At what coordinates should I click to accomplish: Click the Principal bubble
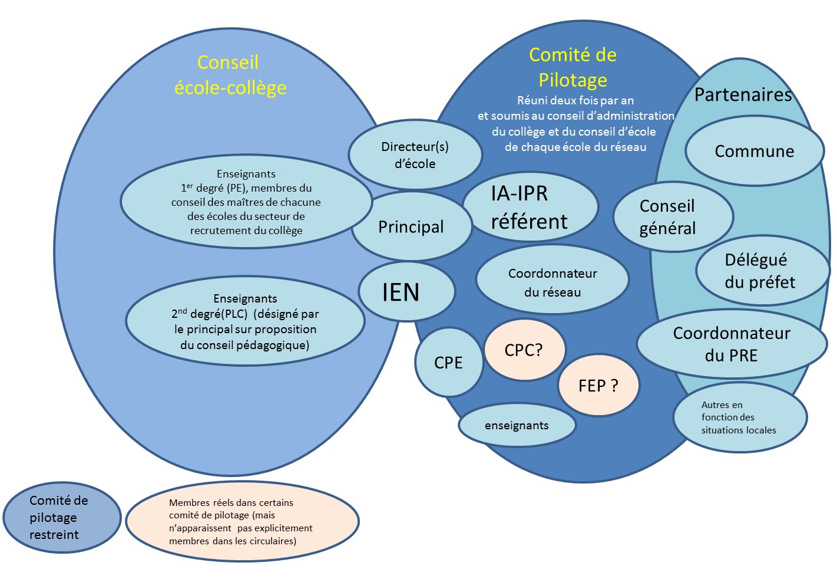(411, 226)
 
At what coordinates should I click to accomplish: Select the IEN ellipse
(406, 292)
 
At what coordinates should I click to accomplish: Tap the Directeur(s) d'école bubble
(415, 154)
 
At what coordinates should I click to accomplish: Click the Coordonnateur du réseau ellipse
(552, 282)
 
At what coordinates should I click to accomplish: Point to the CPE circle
(448, 362)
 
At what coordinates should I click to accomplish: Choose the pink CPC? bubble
(524, 350)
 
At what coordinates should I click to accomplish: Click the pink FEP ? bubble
(598, 386)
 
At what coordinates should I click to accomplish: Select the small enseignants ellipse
(517, 425)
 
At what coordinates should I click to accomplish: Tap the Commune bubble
(754, 151)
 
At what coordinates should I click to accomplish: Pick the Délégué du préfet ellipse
(760, 271)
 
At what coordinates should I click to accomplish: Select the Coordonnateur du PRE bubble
(732, 344)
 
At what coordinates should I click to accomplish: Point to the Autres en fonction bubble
(739, 417)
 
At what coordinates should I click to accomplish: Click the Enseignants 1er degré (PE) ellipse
(246, 202)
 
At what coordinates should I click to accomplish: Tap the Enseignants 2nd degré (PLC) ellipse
(245, 321)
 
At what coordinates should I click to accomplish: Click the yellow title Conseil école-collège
(230, 75)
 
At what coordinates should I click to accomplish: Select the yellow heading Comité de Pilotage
(573, 67)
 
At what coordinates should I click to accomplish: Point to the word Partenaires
(743, 94)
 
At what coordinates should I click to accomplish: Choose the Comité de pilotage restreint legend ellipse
(61, 517)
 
